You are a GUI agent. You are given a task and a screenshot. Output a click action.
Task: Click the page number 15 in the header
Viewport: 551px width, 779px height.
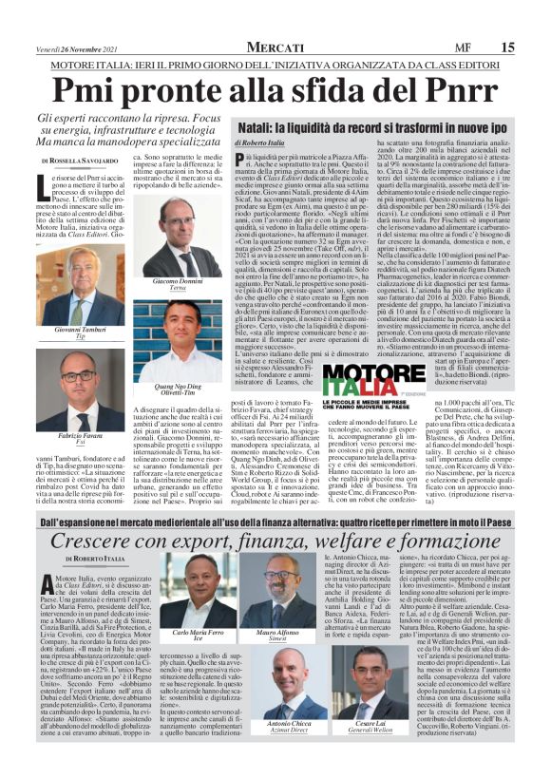coord(533,47)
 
